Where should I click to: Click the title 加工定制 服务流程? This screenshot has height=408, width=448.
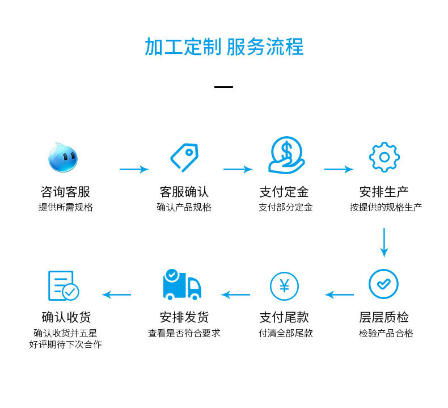224,47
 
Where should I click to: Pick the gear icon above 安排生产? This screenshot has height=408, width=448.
384,157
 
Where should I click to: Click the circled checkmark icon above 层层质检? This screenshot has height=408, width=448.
383,283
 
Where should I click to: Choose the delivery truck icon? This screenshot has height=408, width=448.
182,285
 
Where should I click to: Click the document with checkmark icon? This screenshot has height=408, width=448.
63,286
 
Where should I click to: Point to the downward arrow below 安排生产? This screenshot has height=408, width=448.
384,242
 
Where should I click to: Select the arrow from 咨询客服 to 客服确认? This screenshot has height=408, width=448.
134,169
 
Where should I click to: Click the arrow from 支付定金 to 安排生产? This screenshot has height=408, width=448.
339,169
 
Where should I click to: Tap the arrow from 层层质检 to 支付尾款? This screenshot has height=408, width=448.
339,295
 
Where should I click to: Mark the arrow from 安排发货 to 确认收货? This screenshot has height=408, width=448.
116,295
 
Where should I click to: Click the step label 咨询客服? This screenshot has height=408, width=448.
65,192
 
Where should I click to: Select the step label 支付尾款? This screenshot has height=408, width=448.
284,317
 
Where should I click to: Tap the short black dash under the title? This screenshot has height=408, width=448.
224,87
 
